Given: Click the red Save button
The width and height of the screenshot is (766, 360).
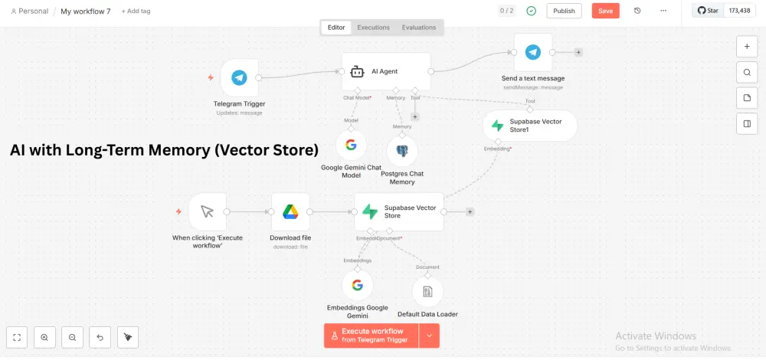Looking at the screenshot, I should pyautogui.click(x=605, y=11).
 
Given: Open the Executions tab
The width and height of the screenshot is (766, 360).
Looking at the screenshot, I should pyautogui.click(x=373, y=28).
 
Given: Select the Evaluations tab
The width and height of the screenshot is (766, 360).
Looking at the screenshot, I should pyautogui.click(x=419, y=28).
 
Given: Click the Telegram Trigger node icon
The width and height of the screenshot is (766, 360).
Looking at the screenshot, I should pyautogui.click(x=239, y=77).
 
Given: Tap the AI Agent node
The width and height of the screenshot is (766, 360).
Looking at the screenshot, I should pyautogui.click(x=386, y=71).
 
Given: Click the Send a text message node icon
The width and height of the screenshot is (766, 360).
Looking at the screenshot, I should pyautogui.click(x=533, y=52).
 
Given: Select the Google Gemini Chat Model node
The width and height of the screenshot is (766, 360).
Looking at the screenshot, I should pyautogui.click(x=352, y=145).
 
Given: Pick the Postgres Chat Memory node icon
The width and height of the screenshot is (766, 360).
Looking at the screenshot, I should pyautogui.click(x=402, y=151).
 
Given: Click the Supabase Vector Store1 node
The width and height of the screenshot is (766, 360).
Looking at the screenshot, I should pyautogui.click(x=530, y=126).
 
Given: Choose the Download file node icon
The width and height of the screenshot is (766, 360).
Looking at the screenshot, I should pyautogui.click(x=290, y=211).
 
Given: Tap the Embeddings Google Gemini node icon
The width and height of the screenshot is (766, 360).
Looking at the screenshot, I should pyautogui.click(x=357, y=286).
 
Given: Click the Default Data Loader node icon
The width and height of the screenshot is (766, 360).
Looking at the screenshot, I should pyautogui.click(x=427, y=291).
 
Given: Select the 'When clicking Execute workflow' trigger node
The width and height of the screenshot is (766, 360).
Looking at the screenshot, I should pyautogui.click(x=207, y=211).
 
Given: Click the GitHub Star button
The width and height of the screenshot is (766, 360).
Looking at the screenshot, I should pyautogui.click(x=707, y=11).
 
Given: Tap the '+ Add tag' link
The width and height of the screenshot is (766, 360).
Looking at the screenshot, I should pyautogui.click(x=136, y=11).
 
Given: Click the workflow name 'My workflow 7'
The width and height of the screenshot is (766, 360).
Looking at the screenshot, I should pyautogui.click(x=85, y=11).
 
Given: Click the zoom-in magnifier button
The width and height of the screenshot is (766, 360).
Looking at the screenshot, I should pyautogui.click(x=44, y=337).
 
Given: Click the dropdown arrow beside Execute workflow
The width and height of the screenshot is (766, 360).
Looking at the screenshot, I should pyautogui.click(x=429, y=335).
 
